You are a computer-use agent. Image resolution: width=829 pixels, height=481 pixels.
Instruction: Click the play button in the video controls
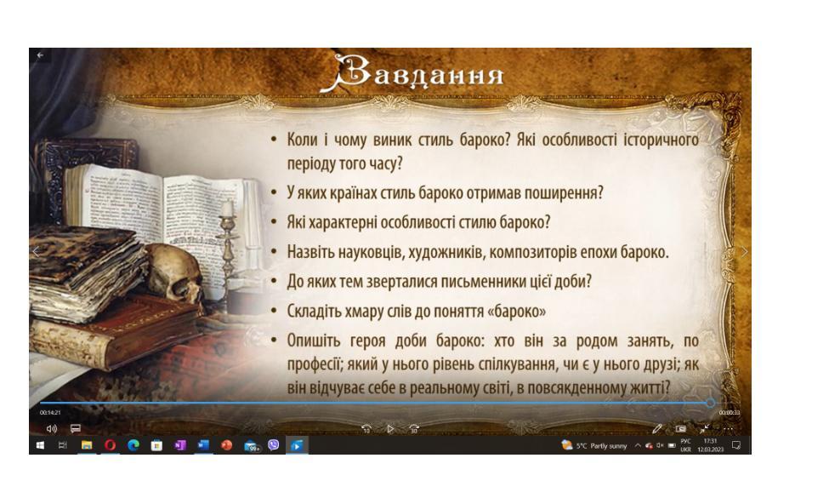pos(390,428)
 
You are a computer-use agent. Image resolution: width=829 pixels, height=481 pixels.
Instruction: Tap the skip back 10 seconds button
pos(366,428)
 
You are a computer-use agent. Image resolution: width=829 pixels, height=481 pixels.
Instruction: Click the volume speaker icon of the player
pos(51,428)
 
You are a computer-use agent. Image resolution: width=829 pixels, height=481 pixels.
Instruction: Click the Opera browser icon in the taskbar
pos(110,445)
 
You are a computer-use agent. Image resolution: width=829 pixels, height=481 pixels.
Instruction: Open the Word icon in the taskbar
pos(203,445)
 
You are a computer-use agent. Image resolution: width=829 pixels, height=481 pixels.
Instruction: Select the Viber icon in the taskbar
pos(273,445)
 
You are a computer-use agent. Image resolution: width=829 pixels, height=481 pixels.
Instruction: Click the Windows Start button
pos(40,445)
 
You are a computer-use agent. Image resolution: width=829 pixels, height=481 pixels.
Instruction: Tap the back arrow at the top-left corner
pos(40,55)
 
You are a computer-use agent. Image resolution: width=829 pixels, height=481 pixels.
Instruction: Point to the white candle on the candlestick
pos(227,209)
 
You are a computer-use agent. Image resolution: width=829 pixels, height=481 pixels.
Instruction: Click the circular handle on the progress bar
pos(710,404)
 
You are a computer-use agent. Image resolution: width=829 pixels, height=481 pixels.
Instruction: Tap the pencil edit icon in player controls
pos(656,428)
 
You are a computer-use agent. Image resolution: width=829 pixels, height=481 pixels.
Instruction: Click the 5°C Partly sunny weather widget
pos(594,445)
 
